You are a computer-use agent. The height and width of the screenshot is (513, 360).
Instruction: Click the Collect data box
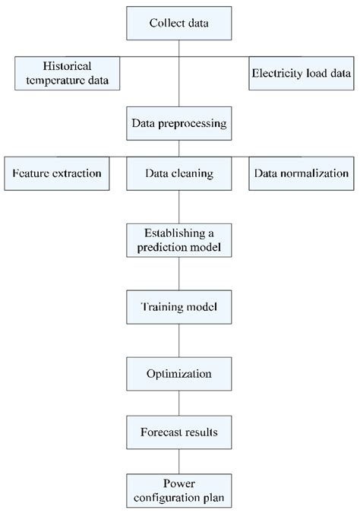(178, 23)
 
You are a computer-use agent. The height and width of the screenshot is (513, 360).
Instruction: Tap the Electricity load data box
(302, 74)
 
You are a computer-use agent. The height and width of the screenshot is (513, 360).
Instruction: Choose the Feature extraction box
(57, 173)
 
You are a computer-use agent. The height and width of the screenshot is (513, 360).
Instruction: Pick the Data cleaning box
(178, 173)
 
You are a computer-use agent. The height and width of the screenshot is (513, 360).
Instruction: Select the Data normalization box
(302, 173)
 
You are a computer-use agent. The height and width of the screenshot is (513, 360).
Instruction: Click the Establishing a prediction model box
(178, 239)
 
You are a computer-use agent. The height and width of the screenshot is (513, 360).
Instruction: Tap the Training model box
(178, 308)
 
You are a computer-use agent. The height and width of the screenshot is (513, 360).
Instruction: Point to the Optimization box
(178, 374)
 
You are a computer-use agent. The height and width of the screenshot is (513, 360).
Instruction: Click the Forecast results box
(178, 432)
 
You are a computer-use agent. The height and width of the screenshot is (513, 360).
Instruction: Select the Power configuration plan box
(178, 490)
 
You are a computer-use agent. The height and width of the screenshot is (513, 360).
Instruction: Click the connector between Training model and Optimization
(178, 341)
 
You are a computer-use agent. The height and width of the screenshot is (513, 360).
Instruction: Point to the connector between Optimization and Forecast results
(178, 404)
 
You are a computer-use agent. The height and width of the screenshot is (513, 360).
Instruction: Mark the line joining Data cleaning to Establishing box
(178, 205)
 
